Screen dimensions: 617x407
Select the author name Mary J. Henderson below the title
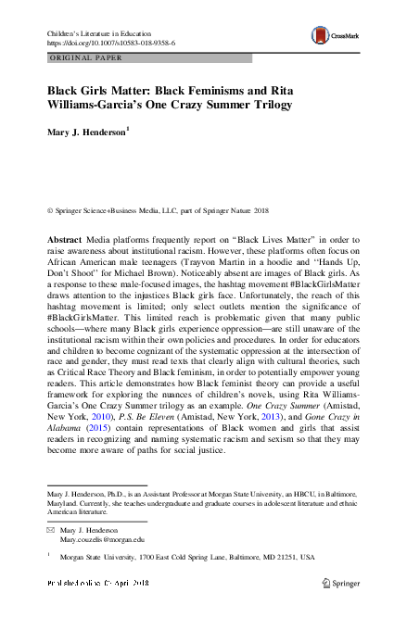[86, 132]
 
